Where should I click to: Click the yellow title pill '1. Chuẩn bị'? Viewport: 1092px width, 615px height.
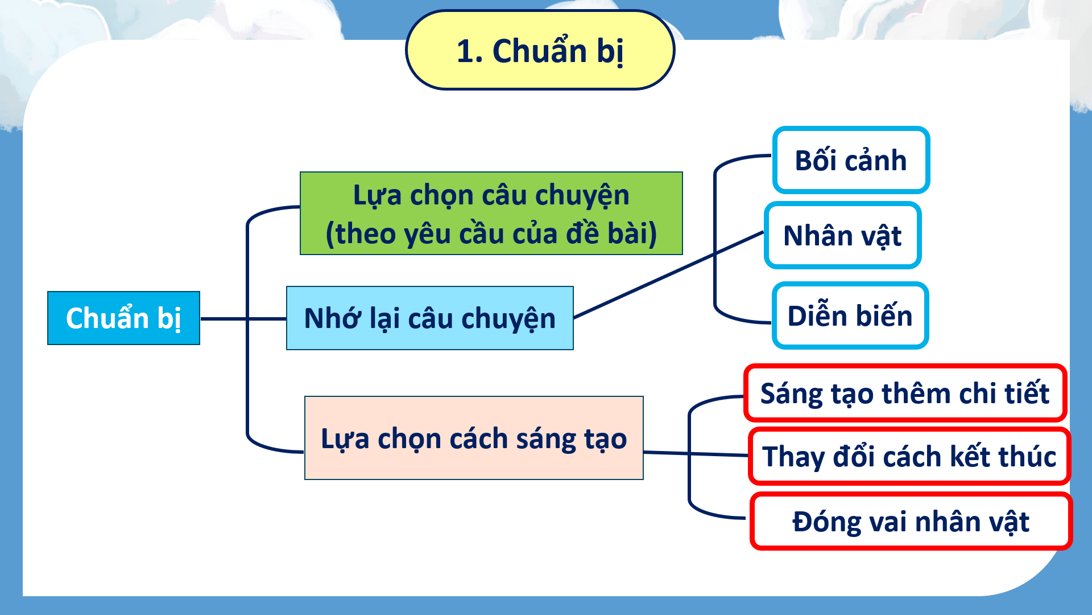540,50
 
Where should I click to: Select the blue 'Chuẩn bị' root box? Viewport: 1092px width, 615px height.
123,318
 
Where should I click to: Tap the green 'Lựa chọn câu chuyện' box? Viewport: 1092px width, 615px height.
491,213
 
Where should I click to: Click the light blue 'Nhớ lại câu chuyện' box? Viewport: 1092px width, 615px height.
429,318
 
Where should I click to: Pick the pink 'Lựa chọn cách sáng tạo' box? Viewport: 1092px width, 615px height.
474,438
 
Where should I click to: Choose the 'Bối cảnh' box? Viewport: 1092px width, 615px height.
851,160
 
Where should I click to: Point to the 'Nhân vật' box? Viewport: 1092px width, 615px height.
842,235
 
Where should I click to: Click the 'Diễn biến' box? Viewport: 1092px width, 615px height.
850,315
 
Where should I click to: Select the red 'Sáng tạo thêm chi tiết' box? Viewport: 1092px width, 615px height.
905,393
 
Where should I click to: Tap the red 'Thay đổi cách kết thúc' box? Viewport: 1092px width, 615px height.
909,456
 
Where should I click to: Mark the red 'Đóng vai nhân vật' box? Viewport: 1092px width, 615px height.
911,521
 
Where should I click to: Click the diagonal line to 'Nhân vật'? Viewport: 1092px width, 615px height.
669,274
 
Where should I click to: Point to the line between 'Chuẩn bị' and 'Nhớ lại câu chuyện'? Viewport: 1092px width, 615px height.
243,319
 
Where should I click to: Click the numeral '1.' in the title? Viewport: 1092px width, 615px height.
470,51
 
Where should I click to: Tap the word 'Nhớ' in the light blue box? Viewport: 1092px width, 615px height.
333,318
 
